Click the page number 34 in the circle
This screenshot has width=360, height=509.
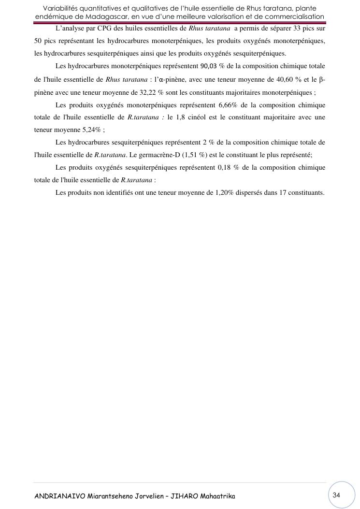tap(337, 495)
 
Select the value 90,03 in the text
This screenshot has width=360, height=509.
tap(208, 66)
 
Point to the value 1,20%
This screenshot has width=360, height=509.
tap(224, 193)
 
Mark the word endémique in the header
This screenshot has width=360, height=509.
tap(52, 17)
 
